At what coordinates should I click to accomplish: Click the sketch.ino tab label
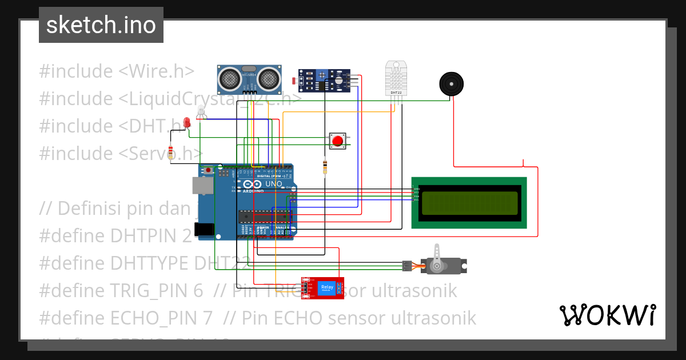101,25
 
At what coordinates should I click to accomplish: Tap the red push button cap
337,141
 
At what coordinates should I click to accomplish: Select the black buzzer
451,85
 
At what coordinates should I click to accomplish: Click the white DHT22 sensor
395,78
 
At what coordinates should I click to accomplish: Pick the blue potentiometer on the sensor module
323,75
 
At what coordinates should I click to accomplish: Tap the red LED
186,122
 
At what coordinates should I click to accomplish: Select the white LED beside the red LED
200,112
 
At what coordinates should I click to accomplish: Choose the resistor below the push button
325,167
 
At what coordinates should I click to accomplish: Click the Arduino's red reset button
209,170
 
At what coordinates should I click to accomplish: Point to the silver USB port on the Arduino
201,185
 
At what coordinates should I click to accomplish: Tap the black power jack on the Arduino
204,229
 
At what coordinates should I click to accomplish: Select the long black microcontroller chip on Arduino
265,215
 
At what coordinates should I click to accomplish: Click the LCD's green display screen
469,203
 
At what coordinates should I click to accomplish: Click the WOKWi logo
607,314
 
